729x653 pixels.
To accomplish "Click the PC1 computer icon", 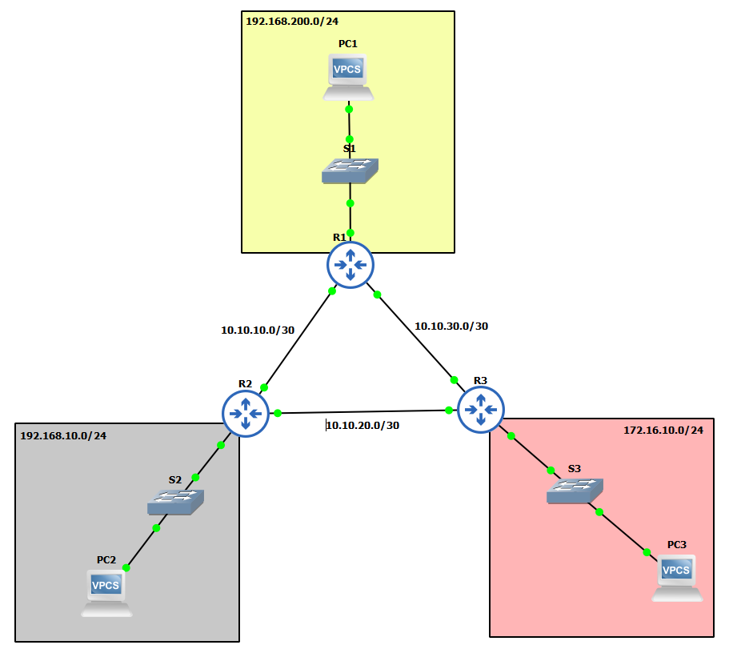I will [x=349, y=77].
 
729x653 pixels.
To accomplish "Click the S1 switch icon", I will [x=350, y=170].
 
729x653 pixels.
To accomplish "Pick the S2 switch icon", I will [x=176, y=501].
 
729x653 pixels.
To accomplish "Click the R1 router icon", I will [x=350, y=265].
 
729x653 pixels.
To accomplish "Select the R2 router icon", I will [x=246, y=414].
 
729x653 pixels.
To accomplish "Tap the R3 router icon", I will [x=480, y=409].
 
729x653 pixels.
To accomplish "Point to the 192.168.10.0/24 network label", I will [x=63, y=436].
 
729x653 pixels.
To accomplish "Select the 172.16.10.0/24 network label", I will [x=663, y=430].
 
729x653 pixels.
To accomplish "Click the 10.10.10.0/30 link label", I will [x=258, y=329].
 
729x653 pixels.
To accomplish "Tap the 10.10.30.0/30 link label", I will [x=451, y=326].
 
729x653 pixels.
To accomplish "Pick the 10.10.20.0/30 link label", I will [x=362, y=425].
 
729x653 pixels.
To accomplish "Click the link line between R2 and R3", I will [x=360, y=412].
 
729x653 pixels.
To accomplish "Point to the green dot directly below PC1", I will [x=349, y=109].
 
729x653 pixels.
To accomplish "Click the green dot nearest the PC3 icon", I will [x=647, y=552].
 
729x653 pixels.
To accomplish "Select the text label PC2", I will [x=106, y=559].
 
